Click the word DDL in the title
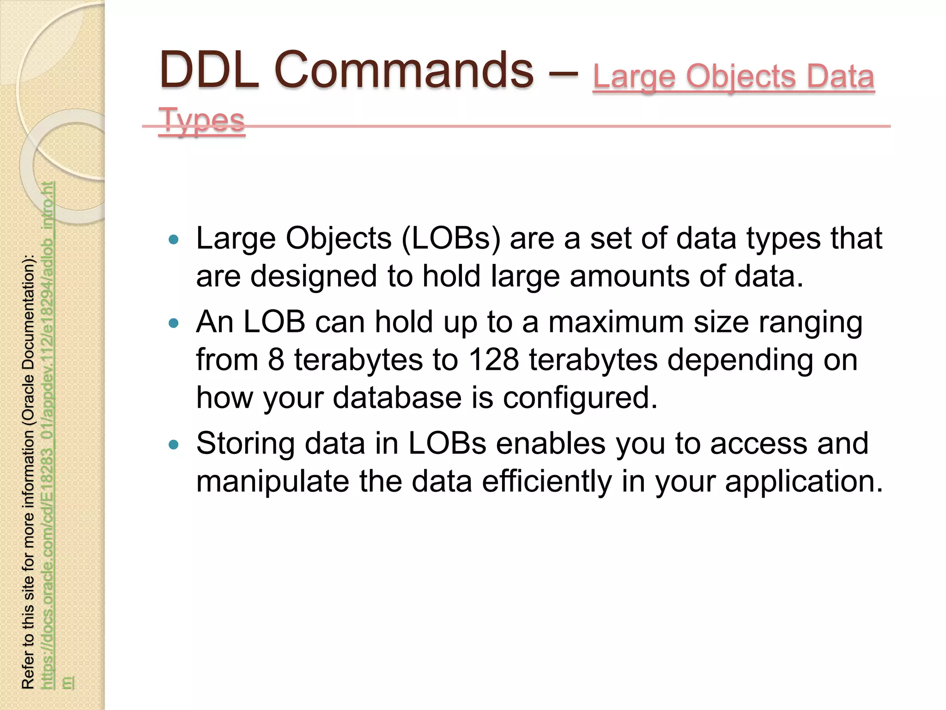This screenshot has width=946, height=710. click(209, 70)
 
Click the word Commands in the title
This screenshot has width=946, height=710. click(404, 70)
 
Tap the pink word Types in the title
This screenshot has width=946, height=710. click(201, 120)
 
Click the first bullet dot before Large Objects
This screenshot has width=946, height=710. click(174, 239)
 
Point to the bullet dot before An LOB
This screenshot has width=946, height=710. click(174, 323)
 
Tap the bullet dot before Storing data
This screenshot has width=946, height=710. click(174, 445)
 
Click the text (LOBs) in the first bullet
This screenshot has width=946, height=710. click(451, 239)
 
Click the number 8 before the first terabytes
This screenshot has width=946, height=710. click(276, 360)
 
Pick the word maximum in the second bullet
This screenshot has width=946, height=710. click(616, 322)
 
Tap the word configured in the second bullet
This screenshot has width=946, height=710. click(580, 398)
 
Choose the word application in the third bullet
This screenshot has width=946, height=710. click(804, 481)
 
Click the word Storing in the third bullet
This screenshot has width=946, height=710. click(245, 444)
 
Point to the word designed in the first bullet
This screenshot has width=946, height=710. click(314, 276)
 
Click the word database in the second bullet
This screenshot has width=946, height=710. click(397, 397)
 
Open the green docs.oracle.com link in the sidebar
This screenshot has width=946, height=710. click(48, 435)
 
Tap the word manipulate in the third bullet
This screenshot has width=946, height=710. click(273, 481)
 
